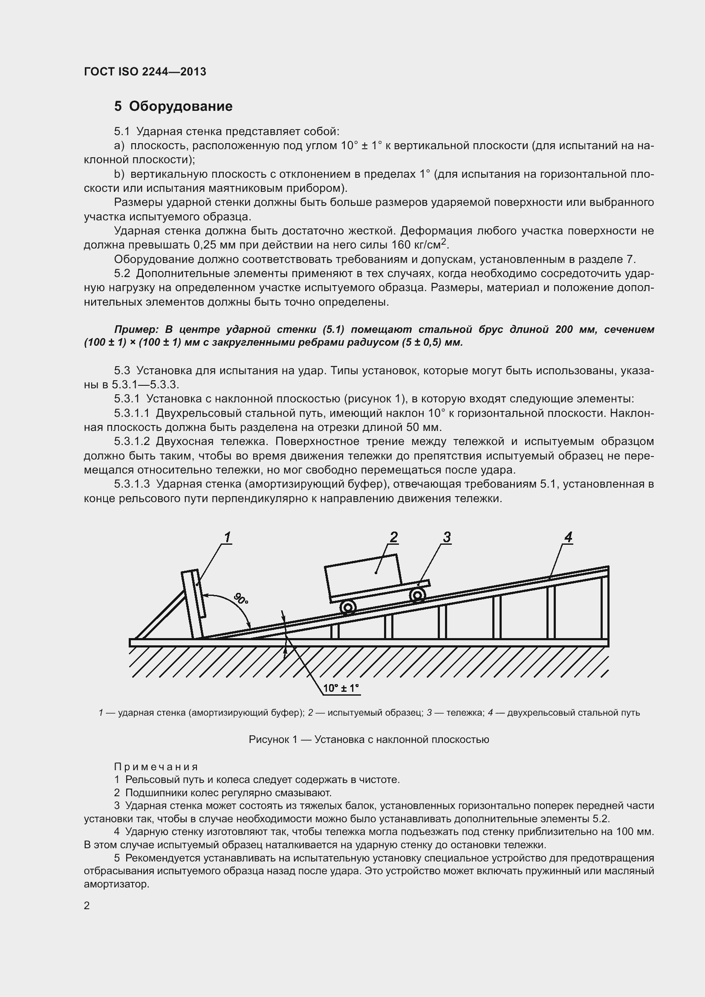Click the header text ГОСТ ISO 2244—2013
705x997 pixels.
tap(145, 72)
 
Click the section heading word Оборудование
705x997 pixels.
tap(181, 107)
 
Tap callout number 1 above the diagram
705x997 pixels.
tap(227, 538)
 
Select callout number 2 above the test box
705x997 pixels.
tap(393, 537)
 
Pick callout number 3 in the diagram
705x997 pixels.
tap(447, 537)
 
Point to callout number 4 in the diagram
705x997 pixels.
tap(568, 537)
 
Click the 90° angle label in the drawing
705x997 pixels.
tap(241, 599)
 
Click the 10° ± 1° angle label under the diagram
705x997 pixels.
tap(341, 688)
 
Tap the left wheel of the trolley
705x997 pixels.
tap(348, 607)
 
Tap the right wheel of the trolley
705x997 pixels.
tap(417, 595)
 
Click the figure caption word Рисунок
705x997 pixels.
tap(269, 740)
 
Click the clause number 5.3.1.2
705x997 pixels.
tap(132, 442)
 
